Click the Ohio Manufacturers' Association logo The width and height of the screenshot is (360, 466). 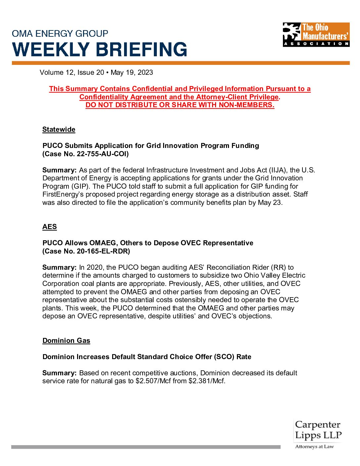click(316, 34)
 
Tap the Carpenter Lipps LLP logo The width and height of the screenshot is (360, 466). click(318, 430)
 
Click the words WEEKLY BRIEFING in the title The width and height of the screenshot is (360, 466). click(100, 50)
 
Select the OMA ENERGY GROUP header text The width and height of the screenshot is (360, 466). click(60, 33)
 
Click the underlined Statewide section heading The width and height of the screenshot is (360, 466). click(59, 129)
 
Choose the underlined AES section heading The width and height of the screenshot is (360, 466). click(50, 227)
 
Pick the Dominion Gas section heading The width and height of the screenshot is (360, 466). click(66, 341)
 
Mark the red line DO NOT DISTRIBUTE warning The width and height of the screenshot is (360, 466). click(180, 105)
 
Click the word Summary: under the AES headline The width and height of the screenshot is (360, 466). click(60, 267)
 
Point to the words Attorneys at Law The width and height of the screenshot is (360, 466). click(314, 446)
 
